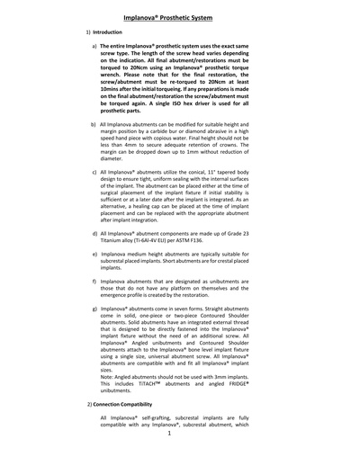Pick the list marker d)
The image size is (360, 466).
tap(94, 233)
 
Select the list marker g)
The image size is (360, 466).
tap(94, 308)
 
